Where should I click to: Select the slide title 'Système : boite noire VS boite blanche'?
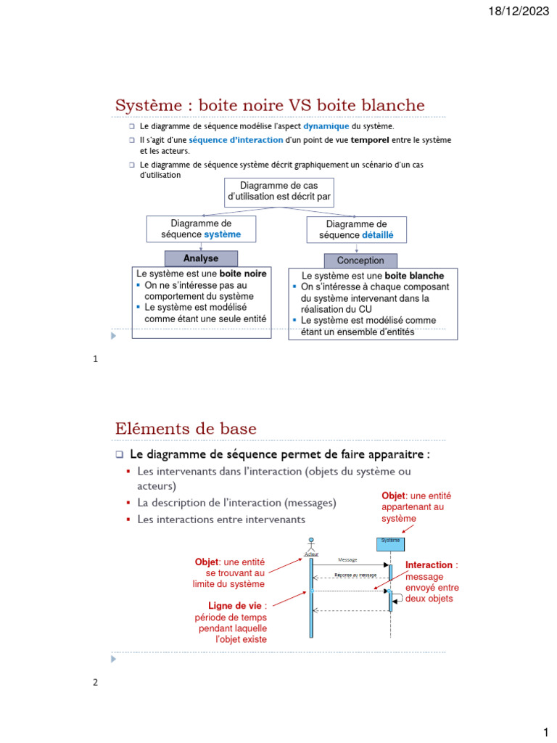pos(270,105)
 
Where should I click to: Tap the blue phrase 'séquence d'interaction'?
pos(236,139)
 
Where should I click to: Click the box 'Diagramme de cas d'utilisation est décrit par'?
pos(279,192)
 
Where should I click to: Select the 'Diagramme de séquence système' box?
pos(201,229)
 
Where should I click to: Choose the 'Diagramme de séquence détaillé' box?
pos(356,229)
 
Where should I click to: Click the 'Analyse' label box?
pos(201,258)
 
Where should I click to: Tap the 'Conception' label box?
pos(360,260)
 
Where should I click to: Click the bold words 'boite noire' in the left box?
pos(243,274)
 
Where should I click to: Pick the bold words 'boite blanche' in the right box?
pos(414,276)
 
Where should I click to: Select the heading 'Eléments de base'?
pos(186,429)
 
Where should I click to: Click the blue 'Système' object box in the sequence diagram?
pos(390,543)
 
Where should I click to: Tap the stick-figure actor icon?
pos(311,543)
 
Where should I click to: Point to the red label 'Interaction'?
pos(429,565)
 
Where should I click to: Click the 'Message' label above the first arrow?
pos(347,559)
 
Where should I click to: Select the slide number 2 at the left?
pos(95,682)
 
